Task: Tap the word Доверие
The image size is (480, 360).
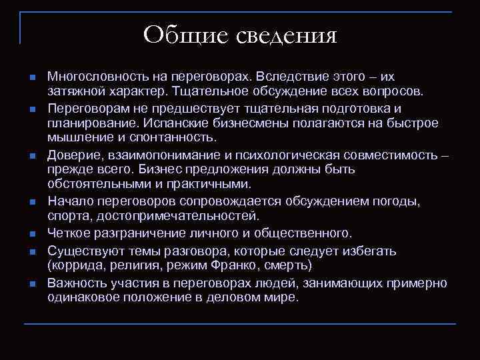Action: click(71, 154)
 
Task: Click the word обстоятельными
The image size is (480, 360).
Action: click(95, 183)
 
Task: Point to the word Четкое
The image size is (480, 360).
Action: click(67, 233)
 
